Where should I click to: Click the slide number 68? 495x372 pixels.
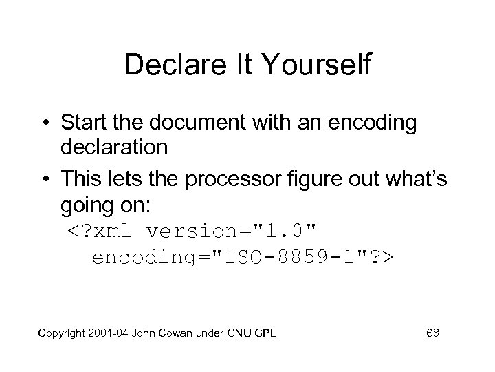point(433,333)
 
